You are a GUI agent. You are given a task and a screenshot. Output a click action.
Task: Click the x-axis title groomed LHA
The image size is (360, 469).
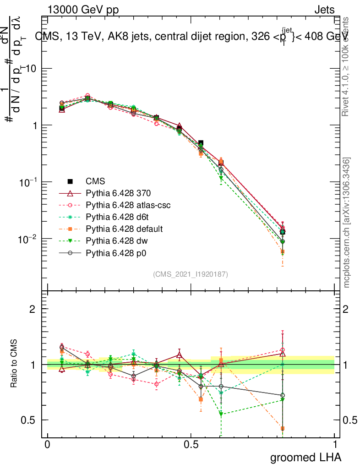(x=305, y=458)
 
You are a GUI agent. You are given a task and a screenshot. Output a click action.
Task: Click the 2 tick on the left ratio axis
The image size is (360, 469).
(x=33, y=309)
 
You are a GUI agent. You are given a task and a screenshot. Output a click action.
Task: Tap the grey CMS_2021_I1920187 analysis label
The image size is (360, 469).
(x=191, y=274)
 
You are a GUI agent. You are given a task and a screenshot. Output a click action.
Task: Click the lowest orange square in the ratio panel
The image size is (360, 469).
(x=283, y=429)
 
